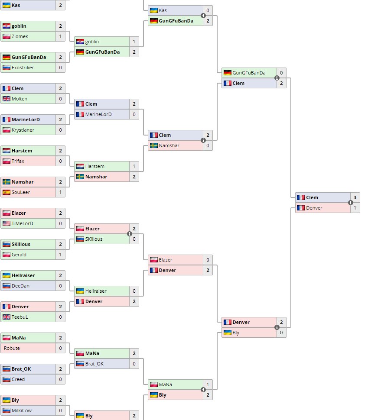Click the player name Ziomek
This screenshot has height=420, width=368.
pos(20,36)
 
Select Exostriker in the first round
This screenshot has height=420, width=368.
pos(23,68)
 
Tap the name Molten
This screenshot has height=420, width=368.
pos(20,99)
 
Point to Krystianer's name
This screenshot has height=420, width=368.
pos(23,130)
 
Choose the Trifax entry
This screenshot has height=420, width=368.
pos(18,161)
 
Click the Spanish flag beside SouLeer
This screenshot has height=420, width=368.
pos(7,192)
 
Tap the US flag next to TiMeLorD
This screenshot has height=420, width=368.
pos(7,223)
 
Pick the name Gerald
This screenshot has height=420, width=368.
pos(19,255)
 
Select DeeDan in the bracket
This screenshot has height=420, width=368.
pos(20,286)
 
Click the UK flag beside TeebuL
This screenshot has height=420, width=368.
pos(7,317)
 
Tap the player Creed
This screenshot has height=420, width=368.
pos(18,379)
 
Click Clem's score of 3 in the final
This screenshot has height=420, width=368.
pos(355,197)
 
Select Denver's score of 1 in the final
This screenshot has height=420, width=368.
pos(355,208)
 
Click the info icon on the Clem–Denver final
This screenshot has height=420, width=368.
pos(351,203)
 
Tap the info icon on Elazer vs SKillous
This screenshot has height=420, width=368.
pos(130,234)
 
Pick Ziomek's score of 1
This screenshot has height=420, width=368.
pos(60,36)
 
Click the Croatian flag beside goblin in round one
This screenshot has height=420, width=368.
pos(7,26)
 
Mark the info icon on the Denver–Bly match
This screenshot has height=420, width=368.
pos(277,327)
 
